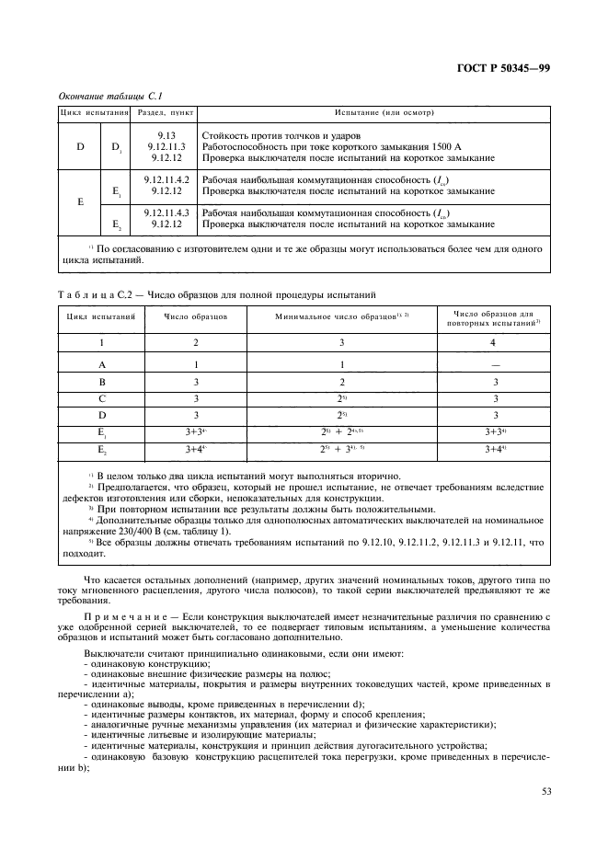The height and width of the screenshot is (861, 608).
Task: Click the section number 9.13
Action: click(x=166, y=135)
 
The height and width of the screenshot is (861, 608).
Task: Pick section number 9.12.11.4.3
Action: click(x=166, y=212)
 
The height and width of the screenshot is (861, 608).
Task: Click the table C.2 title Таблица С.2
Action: click(x=93, y=294)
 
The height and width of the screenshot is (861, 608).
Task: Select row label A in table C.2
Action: click(x=102, y=364)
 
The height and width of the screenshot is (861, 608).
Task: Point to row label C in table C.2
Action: click(x=102, y=398)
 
